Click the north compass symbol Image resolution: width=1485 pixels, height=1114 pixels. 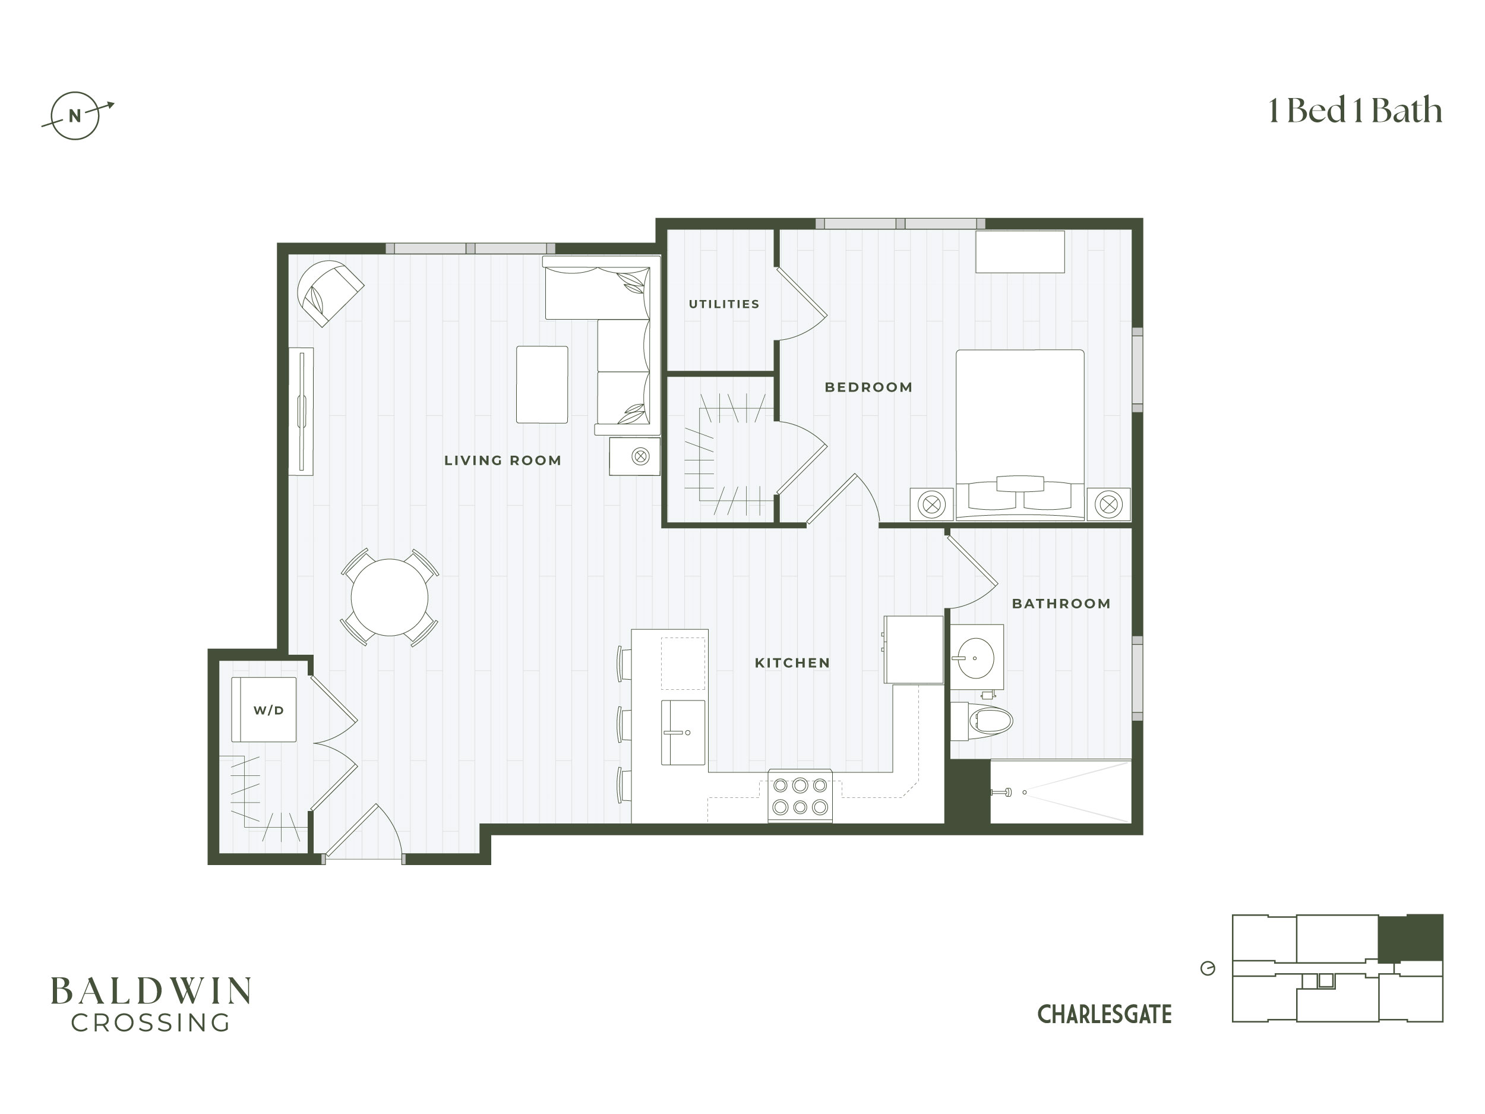[x=75, y=115]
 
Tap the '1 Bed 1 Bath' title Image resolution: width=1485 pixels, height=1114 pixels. [x=1355, y=111]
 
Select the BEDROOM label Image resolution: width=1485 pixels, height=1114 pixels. [x=868, y=387]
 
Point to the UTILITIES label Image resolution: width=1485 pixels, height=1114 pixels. [x=724, y=304]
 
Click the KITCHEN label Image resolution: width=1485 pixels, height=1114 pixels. [x=793, y=664]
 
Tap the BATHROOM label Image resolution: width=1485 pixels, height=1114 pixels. [x=1061, y=604]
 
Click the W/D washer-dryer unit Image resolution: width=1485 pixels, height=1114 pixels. [x=264, y=710]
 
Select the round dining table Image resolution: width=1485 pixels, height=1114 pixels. [x=390, y=598]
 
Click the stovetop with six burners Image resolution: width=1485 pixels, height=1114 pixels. [x=800, y=796]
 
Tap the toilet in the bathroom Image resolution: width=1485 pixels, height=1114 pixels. [x=981, y=721]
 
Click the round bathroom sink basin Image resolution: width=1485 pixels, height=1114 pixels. [x=975, y=659]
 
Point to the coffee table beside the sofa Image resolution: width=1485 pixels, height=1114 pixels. [x=542, y=385]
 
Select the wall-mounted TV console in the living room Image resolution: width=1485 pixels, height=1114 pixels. [x=301, y=412]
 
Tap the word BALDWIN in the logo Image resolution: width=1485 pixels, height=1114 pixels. [x=151, y=991]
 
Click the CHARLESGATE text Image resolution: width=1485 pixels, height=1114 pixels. [x=1104, y=1015]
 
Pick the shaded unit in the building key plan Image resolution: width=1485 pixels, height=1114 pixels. [x=1411, y=938]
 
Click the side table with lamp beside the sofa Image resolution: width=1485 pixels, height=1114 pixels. [x=634, y=457]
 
